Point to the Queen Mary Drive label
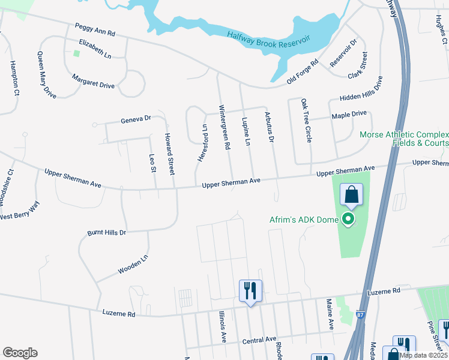click(x=46, y=75)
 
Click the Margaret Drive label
click(x=93, y=81)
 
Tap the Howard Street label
click(x=169, y=154)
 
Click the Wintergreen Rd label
click(x=224, y=128)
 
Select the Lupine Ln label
click(x=246, y=131)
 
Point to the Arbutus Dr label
click(x=268, y=128)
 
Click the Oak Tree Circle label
click(x=306, y=121)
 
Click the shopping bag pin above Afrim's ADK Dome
click(x=351, y=195)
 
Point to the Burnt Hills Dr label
click(x=107, y=232)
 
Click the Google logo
click(x=20, y=353)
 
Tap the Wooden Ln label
click(x=133, y=266)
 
